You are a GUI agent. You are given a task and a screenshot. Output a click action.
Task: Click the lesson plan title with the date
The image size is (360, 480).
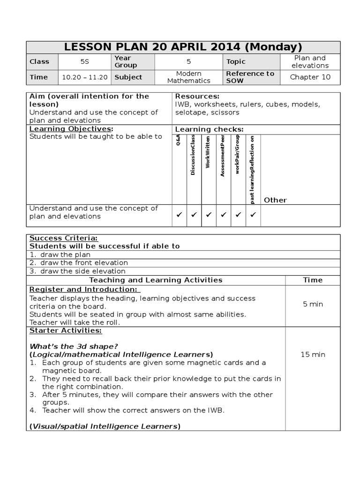(x=183, y=47)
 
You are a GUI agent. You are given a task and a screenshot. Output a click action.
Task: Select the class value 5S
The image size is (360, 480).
(x=85, y=61)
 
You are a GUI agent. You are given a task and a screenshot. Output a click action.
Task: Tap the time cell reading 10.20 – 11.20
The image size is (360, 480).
(x=85, y=77)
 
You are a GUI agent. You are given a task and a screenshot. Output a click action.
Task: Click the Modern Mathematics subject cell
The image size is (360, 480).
(x=189, y=77)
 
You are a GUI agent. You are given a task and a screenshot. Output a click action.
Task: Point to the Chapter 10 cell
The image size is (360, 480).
(x=310, y=77)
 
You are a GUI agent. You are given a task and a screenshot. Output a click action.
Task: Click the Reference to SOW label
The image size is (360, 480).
(x=250, y=77)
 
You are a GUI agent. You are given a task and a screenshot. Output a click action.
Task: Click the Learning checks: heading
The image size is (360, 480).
(x=209, y=129)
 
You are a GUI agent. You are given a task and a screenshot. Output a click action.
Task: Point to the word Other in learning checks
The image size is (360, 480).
(x=275, y=200)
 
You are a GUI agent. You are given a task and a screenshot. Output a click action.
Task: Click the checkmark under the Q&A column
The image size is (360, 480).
(x=179, y=215)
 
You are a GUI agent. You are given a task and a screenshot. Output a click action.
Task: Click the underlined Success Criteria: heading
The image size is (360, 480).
(x=64, y=238)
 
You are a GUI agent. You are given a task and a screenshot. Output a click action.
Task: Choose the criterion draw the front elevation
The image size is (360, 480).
(x=83, y=263)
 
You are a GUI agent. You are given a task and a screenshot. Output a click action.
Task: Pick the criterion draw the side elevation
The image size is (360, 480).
(x=82, y=271)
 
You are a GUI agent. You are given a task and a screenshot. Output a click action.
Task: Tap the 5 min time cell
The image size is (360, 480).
(x=313, y=304)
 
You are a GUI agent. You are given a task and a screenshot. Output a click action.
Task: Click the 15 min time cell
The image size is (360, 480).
(x=313, y=354)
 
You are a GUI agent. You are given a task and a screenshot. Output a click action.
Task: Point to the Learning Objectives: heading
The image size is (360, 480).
(x=71, y=129)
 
